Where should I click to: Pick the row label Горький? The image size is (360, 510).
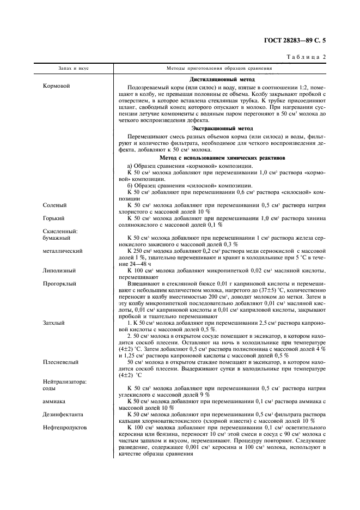[x=54, y=218]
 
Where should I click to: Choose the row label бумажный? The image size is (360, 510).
[x=58, y=238]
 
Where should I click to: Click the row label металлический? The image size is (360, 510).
[x=63, y=251]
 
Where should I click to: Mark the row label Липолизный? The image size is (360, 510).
[x=59, y=271]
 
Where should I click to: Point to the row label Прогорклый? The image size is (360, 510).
[x=60, y=284]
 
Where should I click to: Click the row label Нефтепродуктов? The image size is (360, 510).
[x=65, y=427]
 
